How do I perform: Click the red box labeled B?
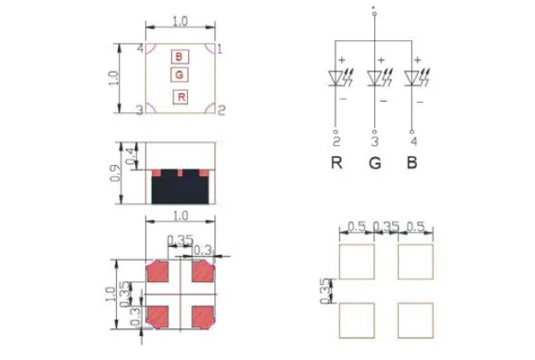point(179,56)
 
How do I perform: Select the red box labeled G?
point(179,75)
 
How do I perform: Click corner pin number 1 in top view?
point(220,49)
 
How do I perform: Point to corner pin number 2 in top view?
point(220,109)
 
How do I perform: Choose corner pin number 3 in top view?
point(138,110)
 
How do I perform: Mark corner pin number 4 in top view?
point(139,49)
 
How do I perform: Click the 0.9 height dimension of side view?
point(116,173)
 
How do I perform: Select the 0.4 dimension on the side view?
point(130,156)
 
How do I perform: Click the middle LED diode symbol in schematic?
point(375,78)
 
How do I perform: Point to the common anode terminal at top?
point(374,10)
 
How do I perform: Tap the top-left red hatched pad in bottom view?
point(159,273)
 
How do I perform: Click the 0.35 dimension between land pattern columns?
point(386,227)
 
